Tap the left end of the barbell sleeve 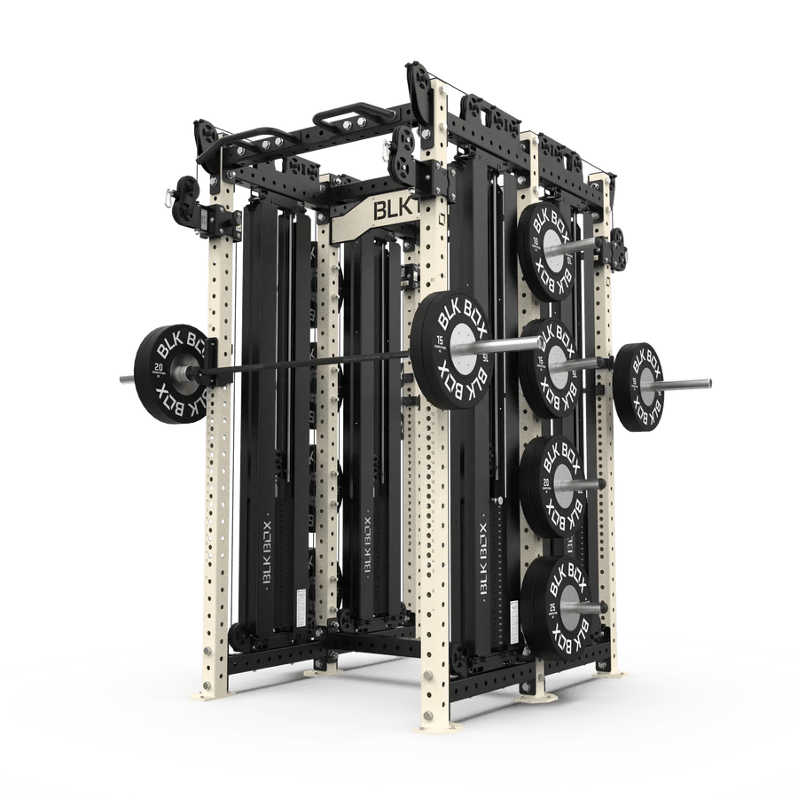123,378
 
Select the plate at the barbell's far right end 638,387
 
